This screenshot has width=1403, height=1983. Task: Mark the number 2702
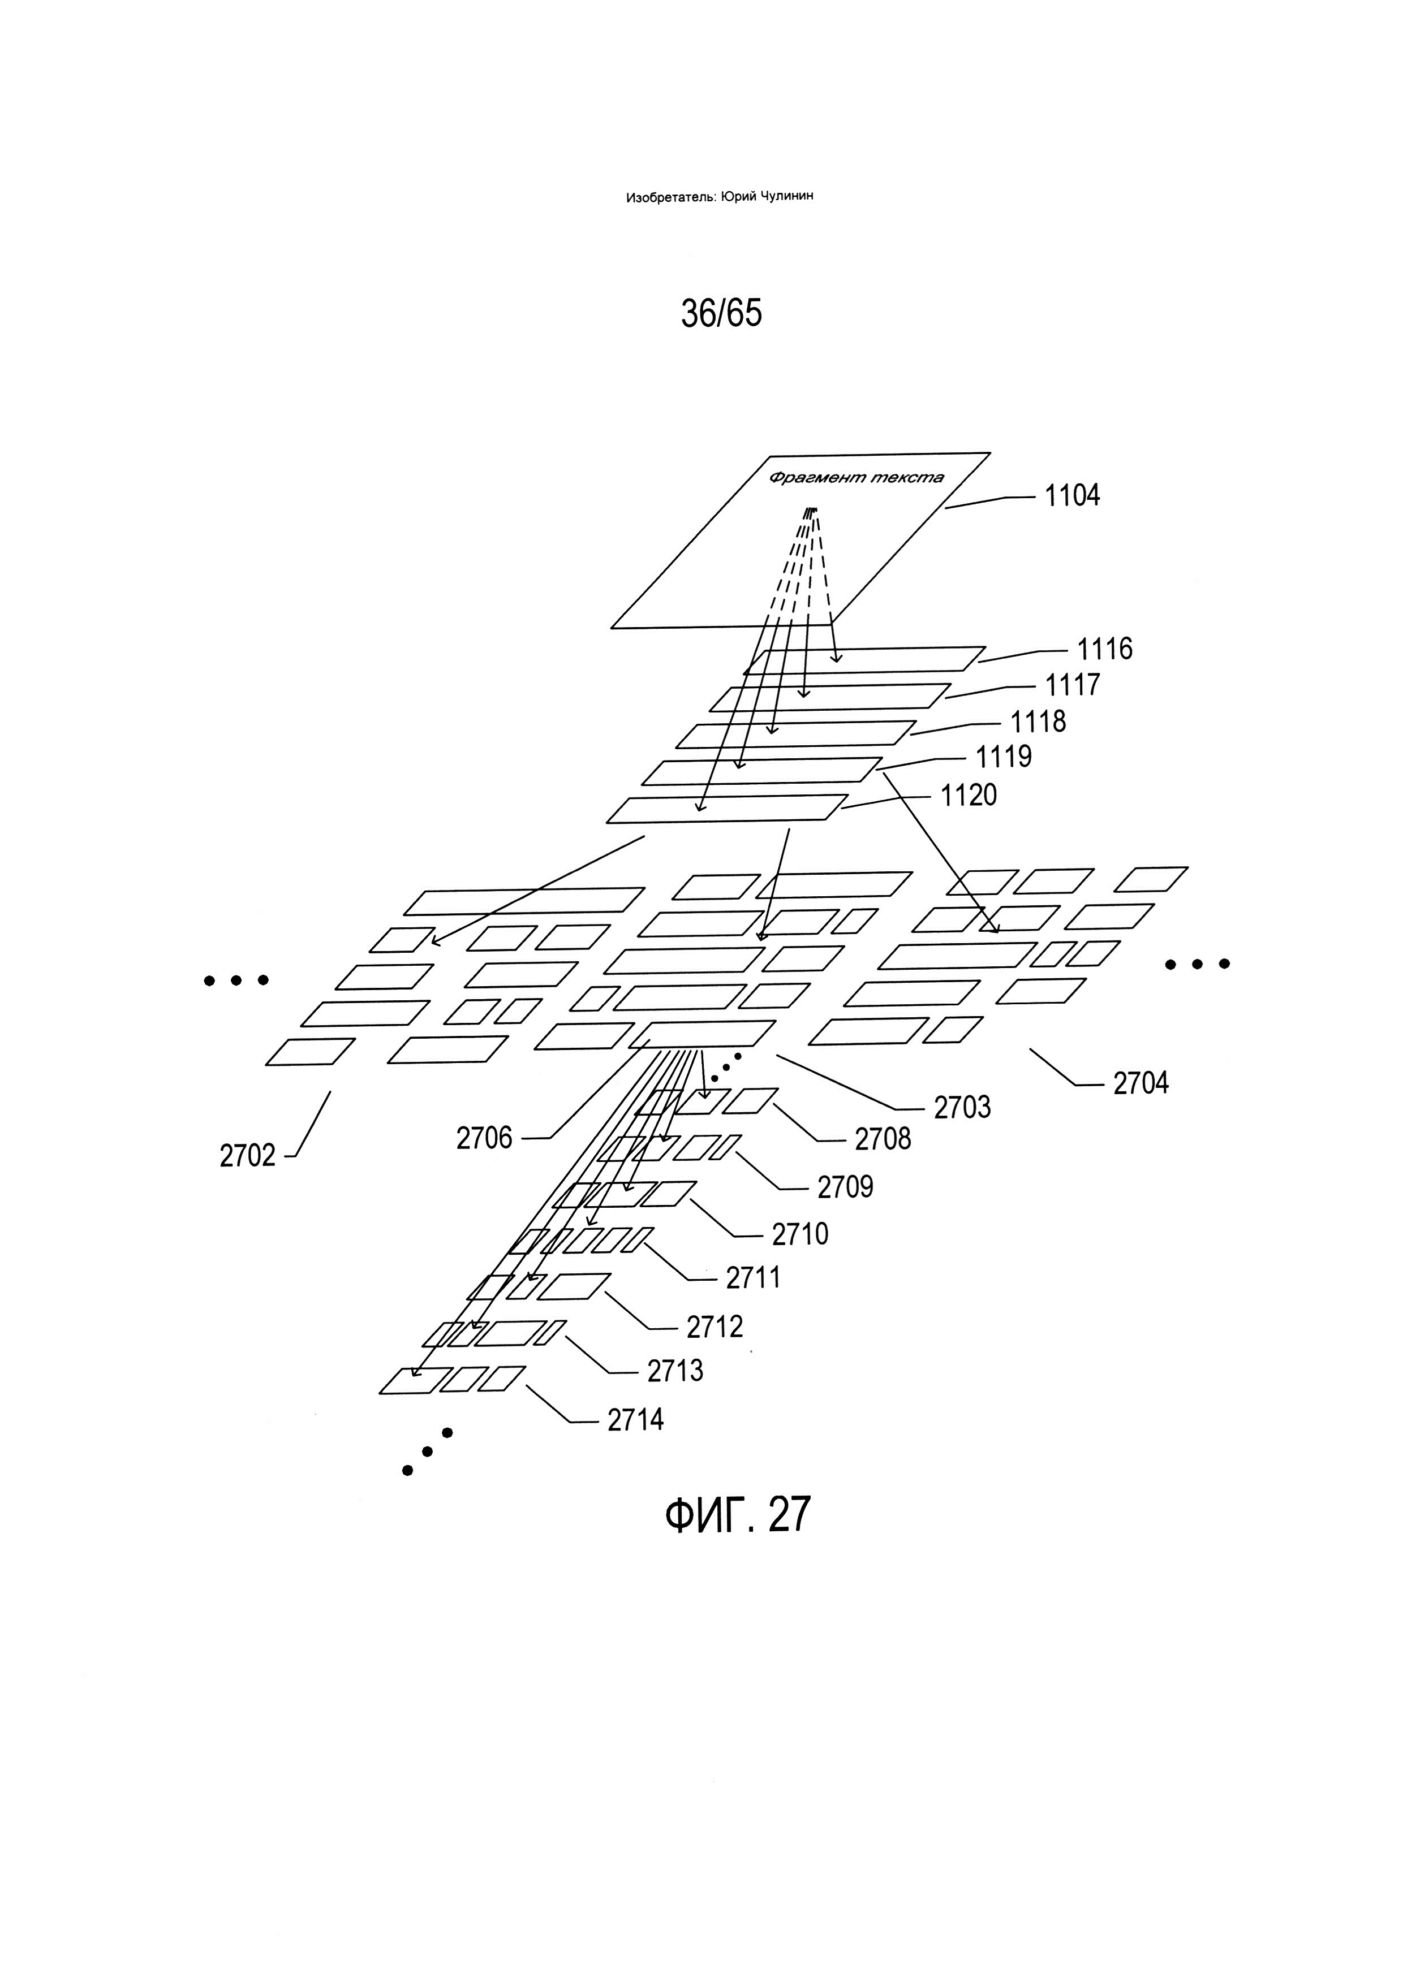(x=247, y=1156)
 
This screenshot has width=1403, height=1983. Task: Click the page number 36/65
(x=721, y=313)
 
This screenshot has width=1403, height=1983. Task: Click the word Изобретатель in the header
(x=669, y=197)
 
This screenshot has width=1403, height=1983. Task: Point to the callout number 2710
(x=800, y=1234)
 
